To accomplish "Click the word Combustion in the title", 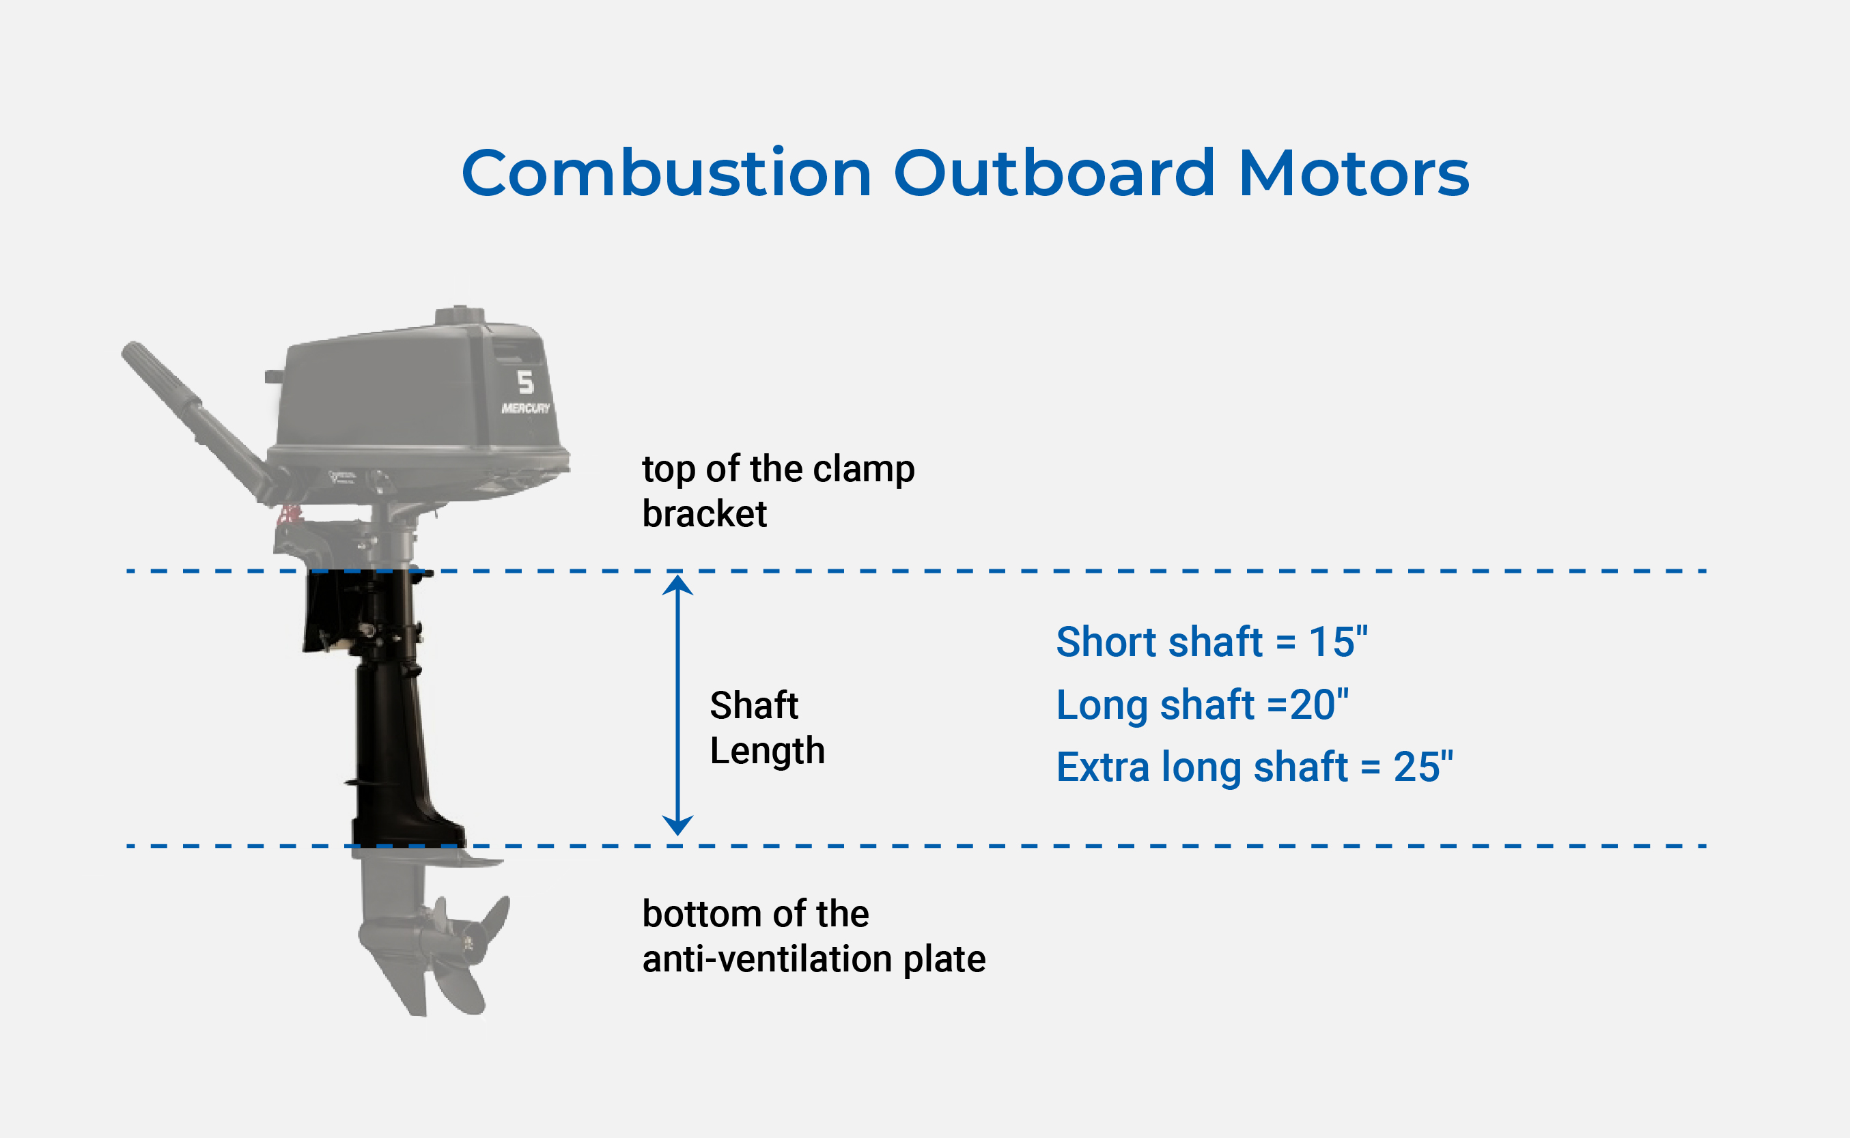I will (667, 174).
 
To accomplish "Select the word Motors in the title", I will (1353, 174).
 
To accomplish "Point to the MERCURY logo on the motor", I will (526, 408).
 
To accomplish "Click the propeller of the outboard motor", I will (467, 948).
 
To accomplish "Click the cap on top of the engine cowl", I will (460, 315).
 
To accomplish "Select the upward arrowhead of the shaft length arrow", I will (677, 586).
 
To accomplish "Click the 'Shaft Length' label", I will (766, 728).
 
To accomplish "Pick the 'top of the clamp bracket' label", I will (778, 492).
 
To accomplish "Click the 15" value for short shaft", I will (1337, 642).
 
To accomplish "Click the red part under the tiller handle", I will (290, 515).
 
